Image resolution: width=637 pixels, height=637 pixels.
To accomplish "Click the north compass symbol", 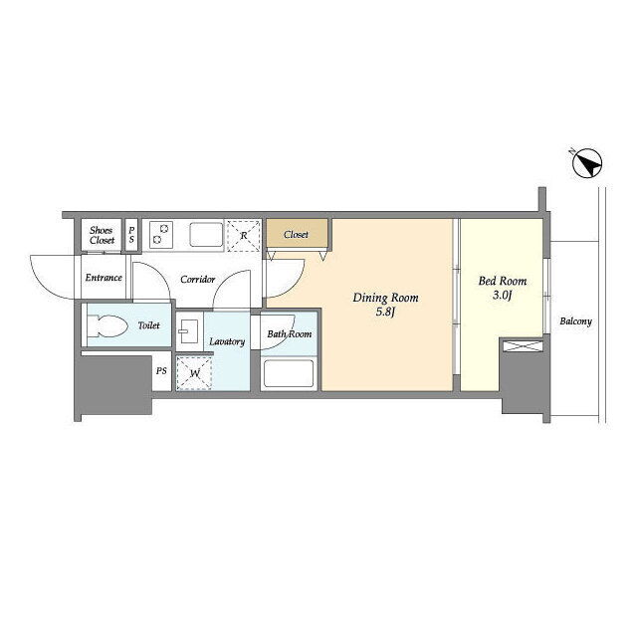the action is pos(587,164).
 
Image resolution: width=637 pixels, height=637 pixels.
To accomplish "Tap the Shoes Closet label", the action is pos(102,235).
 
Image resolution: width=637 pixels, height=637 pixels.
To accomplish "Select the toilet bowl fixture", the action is pos(107,325).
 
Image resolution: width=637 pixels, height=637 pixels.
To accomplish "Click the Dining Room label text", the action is pos(385,298).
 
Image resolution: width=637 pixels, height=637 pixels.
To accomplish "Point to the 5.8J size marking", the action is pos(385,312).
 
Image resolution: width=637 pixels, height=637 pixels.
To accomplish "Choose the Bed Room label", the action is pos(503,281).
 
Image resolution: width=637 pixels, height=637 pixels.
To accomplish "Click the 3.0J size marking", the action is pos(503,295).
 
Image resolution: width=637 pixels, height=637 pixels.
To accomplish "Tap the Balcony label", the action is pos(575,321).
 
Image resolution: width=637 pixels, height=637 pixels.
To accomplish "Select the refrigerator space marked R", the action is pos(243,236).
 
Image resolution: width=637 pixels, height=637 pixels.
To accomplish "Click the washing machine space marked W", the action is pos(195,373).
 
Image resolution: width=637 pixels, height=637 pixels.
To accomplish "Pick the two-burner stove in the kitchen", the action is pos(161,235).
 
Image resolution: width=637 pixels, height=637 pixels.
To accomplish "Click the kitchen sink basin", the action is pos(206,234).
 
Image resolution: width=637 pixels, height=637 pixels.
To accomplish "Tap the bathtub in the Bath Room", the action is pos(289,373).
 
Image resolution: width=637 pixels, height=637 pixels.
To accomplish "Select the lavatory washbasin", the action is pos(188,331).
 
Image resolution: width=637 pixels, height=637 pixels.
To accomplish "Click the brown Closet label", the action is pos(296,235).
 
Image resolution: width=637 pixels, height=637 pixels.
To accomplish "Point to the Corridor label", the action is pos(197,280).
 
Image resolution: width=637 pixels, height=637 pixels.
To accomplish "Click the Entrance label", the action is pos(104,278).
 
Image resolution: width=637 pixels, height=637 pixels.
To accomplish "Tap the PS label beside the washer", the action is pos(161,371).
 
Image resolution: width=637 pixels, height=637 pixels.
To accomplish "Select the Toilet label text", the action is pos(148,325).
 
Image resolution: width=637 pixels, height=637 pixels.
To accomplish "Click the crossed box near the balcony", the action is pos(523,346).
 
